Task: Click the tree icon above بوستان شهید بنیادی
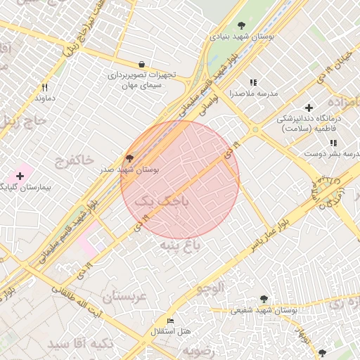pyautogui.click(x=243, y=25)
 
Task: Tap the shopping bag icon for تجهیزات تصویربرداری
pyautogui.click(x=143, y=64)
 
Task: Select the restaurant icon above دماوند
pyautogui.click(x=45, y=88)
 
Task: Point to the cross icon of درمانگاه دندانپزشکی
pyautogui.click(x=309, y=107)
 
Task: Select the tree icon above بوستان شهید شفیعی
pyautogui.click(x=264, y=299)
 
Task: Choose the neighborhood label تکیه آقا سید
pyautogui.click(x=77, y=344)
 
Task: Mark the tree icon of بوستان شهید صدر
pyautogui.click(x=129, y=158)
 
